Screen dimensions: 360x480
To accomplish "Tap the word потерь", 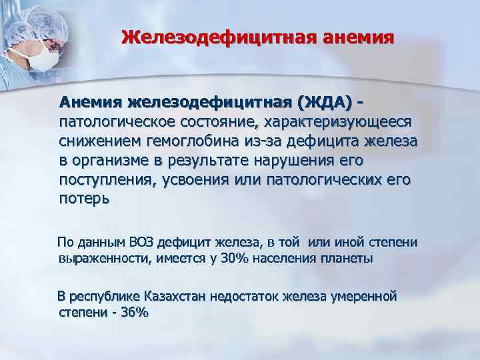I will pyautogui.click(x=83, y=199).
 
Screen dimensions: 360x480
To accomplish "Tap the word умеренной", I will pyautogui.click(x=361, y=295).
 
